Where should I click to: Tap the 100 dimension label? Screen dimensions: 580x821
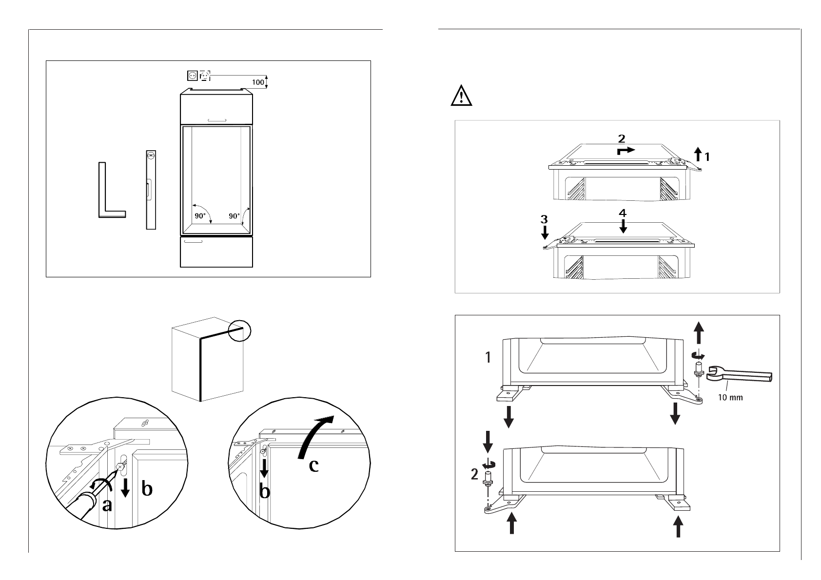click(258, 82)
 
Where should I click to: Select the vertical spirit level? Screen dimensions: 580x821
click(151, 190)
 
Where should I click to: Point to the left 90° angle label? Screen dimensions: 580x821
click(200, 215)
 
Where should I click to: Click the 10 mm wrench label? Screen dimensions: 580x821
click(730, 397)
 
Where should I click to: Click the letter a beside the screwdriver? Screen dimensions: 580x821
click(107, 506)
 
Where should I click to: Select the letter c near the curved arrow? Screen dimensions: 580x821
click(314, 465)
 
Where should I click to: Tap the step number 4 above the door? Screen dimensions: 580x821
click(623, 213)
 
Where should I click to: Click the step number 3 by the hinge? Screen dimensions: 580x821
click(544, 220)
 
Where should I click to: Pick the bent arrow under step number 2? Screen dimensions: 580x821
click(626, 150)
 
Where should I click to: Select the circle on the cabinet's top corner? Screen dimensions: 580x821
click(239, 330)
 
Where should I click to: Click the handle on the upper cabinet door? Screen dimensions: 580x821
click(217, 119)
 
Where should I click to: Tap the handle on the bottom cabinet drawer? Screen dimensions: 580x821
click(195, 241)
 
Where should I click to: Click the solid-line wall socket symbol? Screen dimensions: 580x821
click(193, 76)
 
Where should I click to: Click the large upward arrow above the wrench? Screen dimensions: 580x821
click(699, 334)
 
